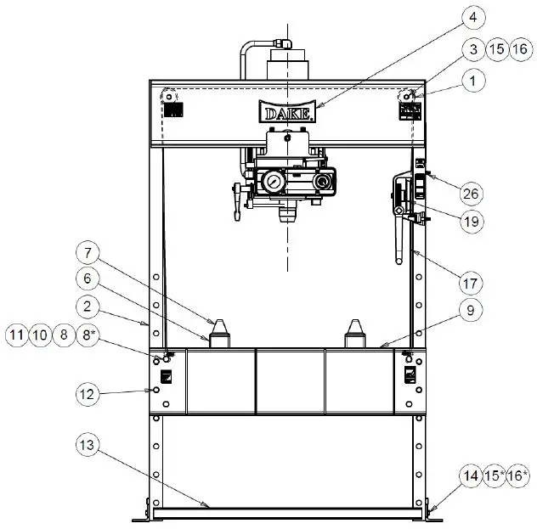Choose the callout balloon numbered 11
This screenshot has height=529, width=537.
16,335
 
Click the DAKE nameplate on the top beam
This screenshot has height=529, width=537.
289,113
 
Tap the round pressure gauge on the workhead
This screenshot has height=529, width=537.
272,182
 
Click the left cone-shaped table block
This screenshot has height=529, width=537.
221,332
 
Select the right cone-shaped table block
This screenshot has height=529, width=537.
355,332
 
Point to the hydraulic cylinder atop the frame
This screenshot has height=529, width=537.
288,64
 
